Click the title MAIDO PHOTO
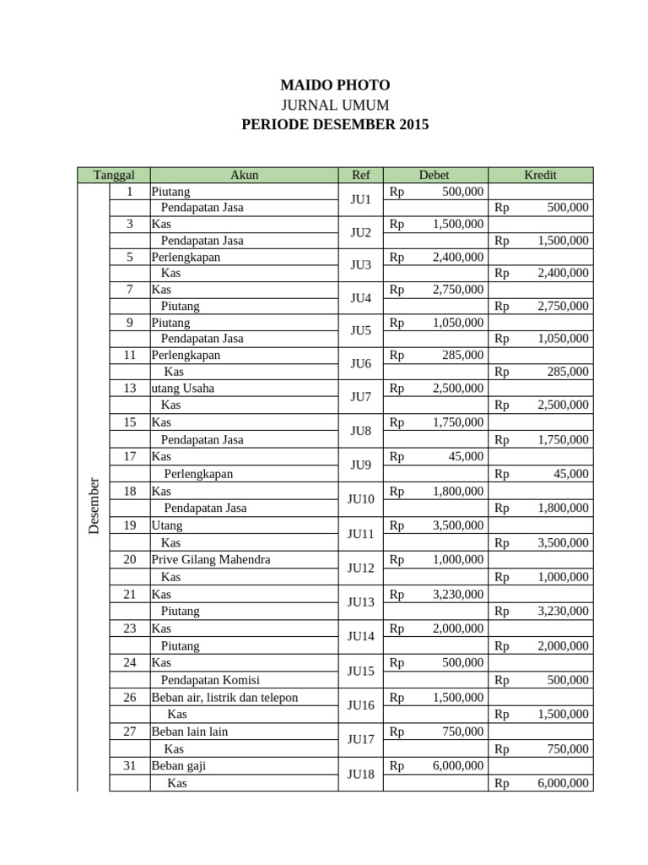(x=335, y=85)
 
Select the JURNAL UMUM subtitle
(x=335, y=105)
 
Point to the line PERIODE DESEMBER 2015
(x=335, y=124)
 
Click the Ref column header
(x=360, y=175)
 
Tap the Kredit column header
(x=540, y=175)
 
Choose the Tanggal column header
(x=114, y=175)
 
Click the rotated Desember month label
(x=94, y=504)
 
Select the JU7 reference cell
(x=360, y=396)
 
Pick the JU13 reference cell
(x=360, y=602)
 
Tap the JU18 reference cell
(x=360, y=775)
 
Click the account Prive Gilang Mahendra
(x=211, y=559)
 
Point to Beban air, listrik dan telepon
(x=224, y=697)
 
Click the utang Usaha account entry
(x=183, y=389)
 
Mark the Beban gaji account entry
(x=179, y=766)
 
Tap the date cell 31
(x=130, y=766)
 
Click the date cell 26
(x=130, y=697)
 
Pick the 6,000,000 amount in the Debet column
(x=458, y=766)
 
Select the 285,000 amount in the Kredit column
(x=567, y=371)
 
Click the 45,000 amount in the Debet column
(x=467, y=456)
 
